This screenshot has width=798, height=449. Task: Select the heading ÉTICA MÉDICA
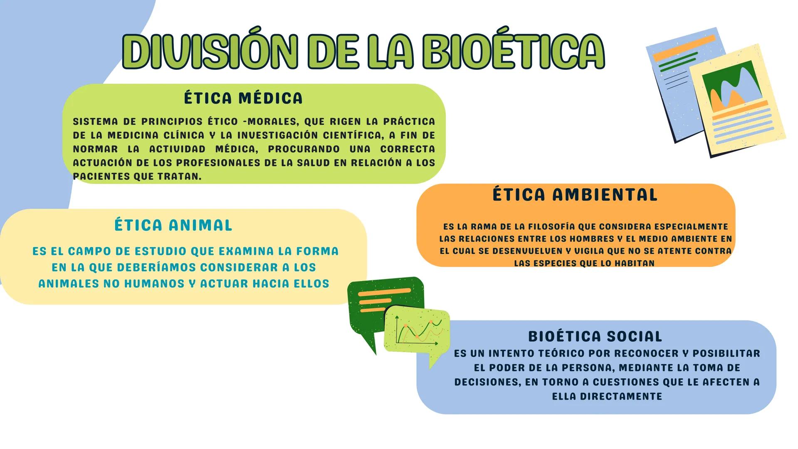243,99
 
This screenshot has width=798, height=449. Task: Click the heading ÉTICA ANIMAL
173,225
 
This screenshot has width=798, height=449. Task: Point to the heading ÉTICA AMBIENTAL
575,195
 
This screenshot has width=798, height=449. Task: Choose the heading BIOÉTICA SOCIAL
595,336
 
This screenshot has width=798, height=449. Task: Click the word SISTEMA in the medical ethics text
95,122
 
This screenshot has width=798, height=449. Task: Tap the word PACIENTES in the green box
101,176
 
